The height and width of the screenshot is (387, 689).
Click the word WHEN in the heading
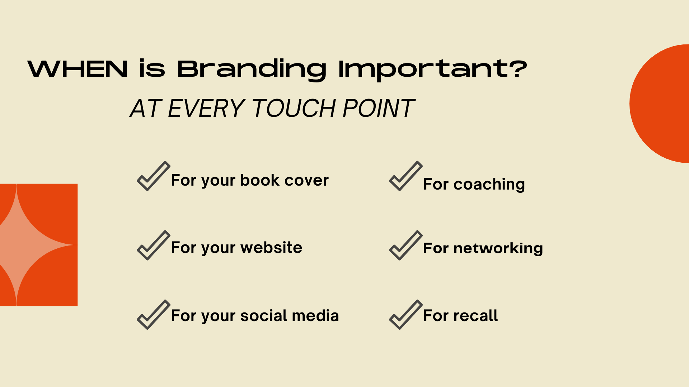pyautogui.click(x=78, y=68)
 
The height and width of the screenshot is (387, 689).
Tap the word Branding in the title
pyautogui.click(x=252, y=70)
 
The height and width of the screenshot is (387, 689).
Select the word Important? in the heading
pyautogui.click(x=433, y=70)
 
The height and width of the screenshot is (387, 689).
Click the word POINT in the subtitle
pyautogui.click(x=379, y=108)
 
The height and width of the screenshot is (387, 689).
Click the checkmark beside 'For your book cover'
pyautogui.click(x=154, y=176)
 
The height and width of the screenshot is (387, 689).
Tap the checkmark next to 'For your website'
pyautogui.click(x=154, y=245)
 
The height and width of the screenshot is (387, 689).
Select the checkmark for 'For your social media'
pyautogui.click(x=154, y=315)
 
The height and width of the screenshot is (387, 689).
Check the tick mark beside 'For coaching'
pyautogui.click(x=406, y=176)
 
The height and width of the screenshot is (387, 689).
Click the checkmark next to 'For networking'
pyautogui.click(x=406, y=245)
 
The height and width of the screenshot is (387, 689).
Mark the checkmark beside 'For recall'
pyautogui.click(x=406, y=315)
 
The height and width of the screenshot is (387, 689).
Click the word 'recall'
pyautogui.click(x=475, y=316)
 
